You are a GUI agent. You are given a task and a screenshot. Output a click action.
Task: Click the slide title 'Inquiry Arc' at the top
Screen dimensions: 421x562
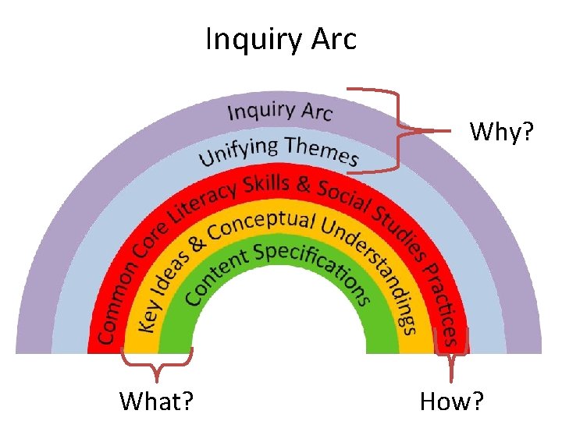(281, 38)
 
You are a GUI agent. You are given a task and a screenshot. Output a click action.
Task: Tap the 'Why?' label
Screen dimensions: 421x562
(502, 133)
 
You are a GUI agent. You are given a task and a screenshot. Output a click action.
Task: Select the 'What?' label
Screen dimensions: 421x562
(157, 401)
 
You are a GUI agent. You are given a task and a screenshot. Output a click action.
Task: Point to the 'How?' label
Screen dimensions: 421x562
(452, 401)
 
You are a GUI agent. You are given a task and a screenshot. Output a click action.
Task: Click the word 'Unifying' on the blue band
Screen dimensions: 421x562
(239, 150)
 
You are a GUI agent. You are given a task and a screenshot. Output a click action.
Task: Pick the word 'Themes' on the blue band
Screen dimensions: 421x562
(322, 150)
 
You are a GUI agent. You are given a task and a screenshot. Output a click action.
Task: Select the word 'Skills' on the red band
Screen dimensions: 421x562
(267, 186)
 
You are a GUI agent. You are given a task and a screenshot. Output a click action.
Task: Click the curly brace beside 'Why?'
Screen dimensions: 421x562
(398, 129)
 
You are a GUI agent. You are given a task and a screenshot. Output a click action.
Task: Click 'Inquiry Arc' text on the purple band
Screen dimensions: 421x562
(280, 111)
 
